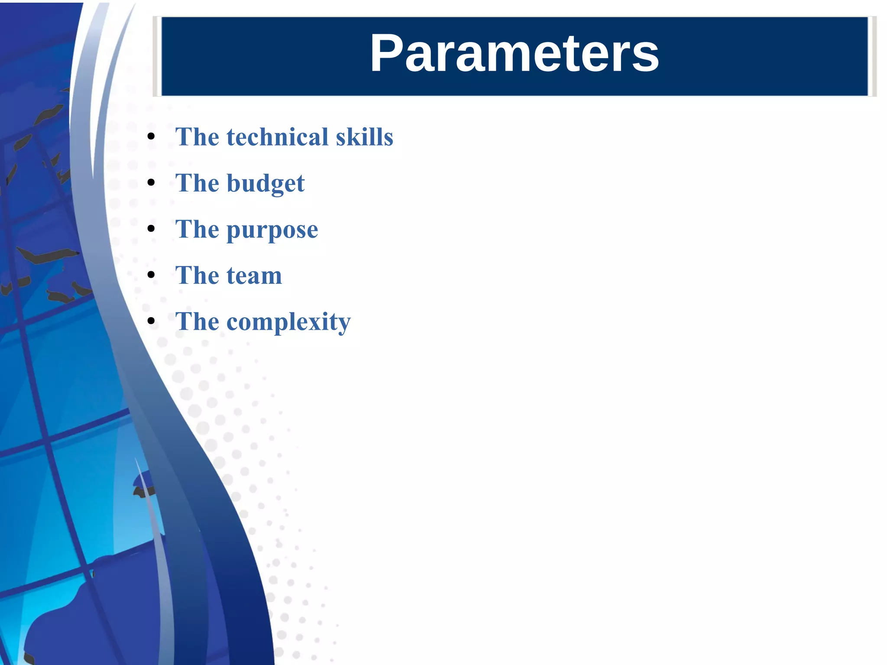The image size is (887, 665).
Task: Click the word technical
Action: (278, 137)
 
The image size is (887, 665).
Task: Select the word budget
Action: (265, 184)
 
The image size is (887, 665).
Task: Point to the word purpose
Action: (272, 230)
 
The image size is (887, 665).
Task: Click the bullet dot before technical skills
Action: (151, 137)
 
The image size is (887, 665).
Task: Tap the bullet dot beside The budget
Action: (151, 183)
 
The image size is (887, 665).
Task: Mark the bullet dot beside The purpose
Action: (151, 229)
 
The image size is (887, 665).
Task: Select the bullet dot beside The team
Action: (151, 275)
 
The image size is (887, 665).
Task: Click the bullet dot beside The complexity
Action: (151, 321)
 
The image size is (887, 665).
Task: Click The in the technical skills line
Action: (197, 137)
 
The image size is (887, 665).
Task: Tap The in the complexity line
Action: (197, 321)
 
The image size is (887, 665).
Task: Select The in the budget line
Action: (197, 183)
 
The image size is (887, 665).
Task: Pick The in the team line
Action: (197, 276)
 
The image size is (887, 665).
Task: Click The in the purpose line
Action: (197, 229)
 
